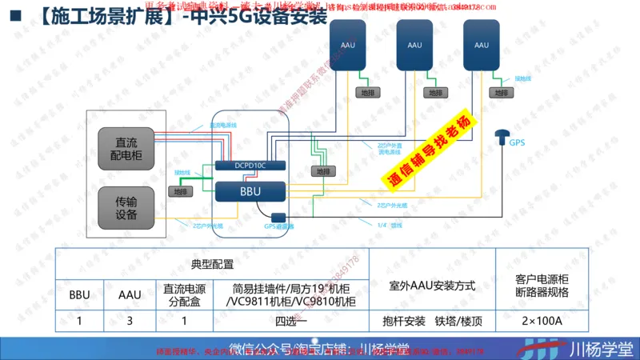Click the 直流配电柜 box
point(126,147)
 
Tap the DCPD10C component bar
point(250,165)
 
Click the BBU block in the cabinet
point(250,191)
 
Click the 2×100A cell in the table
point(542,322)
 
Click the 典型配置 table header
point(212,263)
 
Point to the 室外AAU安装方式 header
point(432,286)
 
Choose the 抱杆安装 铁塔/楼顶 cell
point(432,322)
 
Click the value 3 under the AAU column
point(130,322)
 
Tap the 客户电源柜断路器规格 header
point(542,286)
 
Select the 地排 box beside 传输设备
point(179,191)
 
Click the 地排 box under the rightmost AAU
point(501,93)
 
